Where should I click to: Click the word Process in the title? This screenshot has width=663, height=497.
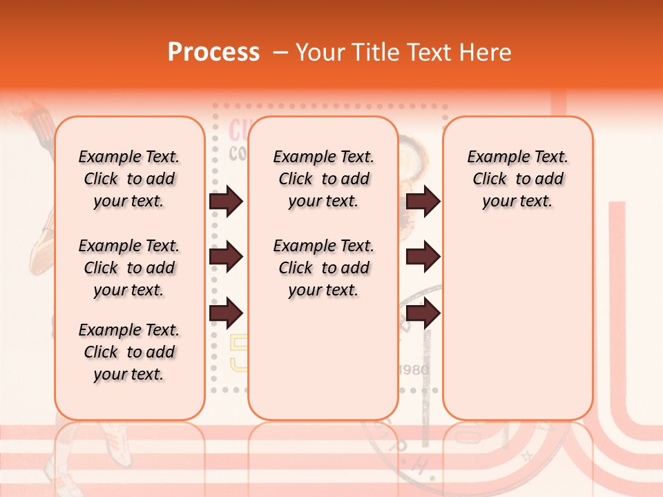213,52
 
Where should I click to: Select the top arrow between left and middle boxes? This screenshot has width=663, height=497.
226,201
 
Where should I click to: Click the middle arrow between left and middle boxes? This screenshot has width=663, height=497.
226,257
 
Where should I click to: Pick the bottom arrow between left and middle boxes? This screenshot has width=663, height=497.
226,313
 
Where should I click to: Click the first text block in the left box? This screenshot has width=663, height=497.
129,179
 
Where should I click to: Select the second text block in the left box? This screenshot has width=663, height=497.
129,268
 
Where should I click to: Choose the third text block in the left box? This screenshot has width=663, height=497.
129,352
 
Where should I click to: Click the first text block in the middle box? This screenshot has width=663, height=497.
323,179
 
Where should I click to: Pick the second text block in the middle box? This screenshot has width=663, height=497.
323,268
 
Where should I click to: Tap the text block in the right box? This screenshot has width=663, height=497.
517,179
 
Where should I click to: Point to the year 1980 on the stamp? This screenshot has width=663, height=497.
414,370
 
